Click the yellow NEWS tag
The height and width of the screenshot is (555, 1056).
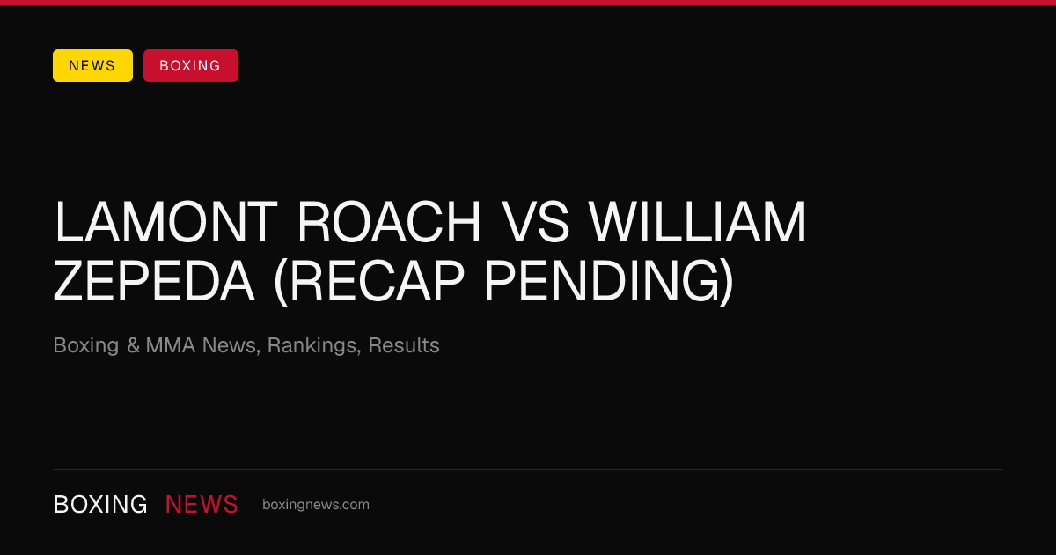click(x=92, y=65)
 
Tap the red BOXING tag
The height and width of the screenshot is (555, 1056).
click(x=191, y=65)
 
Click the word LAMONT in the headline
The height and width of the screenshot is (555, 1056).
click(x=165, y=222)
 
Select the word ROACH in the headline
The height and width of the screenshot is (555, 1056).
click(x=389, y=222)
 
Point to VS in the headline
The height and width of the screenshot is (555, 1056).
click(x=535, y=222)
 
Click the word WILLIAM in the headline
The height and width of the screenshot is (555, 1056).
click(x=698, y=222)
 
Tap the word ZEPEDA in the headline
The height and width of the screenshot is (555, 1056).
click(x=154, y=281)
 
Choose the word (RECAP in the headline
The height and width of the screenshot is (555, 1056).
click(x=369, y=282)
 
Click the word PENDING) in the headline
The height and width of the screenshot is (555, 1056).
click(x=609, y=282)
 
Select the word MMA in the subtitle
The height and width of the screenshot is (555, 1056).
click(x=170, y=345)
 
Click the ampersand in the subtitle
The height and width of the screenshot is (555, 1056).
click(x=133, y=345)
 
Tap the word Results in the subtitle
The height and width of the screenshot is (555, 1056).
click(x=404, y=345)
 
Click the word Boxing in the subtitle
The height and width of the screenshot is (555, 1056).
click(x=86, y=346)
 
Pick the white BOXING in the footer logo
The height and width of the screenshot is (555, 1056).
click(x=100, y=505)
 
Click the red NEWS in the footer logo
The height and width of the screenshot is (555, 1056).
click(x=202, y=505)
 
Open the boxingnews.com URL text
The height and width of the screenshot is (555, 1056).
click(x=316, y=505)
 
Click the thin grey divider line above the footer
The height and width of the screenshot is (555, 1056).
click(x=528, y=470)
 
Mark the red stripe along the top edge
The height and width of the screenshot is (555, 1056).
click(x=528, y=3)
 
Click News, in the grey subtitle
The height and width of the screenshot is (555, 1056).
click(x=231, y=346)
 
